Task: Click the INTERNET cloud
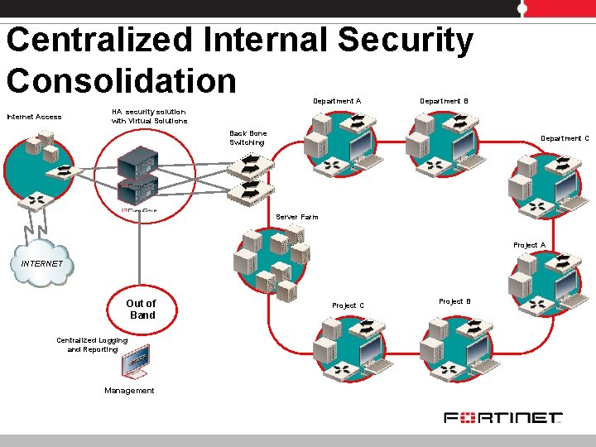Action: click(41, 263)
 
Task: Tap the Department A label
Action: click(336, 101)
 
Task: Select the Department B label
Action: click(444, 101)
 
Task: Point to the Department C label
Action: click(565, 138)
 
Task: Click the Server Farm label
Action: click(296, 217)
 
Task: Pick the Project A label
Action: click(529, 245)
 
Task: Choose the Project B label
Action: click(454, 301)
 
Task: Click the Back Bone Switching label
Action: click(248, 137)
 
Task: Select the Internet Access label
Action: click(34, 117)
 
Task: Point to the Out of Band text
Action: click(141, 309)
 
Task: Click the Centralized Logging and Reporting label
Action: click(92, 344)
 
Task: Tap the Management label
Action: click(129, 391)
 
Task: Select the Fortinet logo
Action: click(502, 418)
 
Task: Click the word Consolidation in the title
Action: click(121, 80)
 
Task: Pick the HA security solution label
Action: click(149, 116)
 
